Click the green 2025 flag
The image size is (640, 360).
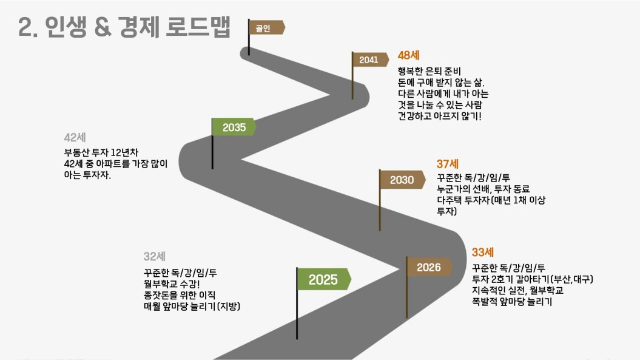coord(324,279)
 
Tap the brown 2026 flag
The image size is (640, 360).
coord(429,267)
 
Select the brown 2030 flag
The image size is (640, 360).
coord(402,180)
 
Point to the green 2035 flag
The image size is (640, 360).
coord(234,127)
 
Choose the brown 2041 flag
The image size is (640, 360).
coord(370,59)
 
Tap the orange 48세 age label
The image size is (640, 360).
coord(409,55)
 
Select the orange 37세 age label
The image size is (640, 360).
coord(447,164)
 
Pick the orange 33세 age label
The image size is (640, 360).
coord(483,252)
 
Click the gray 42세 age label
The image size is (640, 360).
coord(75,137)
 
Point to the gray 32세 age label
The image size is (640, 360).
coord(154,256)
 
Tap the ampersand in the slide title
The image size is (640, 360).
coord(103,27)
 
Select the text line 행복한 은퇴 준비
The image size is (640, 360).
coord(429,71)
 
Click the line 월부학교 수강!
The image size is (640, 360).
coord(172,284)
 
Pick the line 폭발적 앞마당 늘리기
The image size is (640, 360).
coord(512,302)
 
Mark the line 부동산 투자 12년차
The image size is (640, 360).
coord(101,152)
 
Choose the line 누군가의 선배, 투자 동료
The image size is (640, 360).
coord(483,189)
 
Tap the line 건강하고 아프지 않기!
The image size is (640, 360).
coord(440,116)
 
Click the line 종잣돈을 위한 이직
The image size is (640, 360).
coord(179,295)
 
